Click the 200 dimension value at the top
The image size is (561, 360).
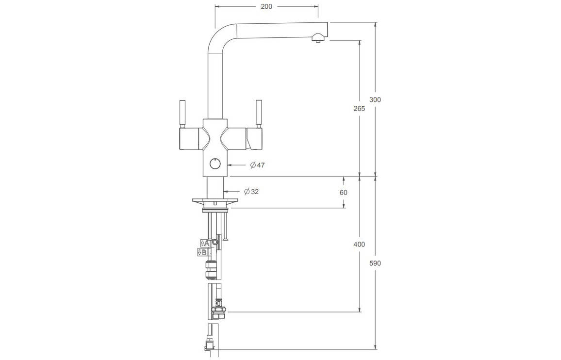(266, 6)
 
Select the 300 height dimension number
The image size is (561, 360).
(375, 100)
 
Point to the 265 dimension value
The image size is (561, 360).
(359, 108)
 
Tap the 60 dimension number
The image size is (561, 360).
(344, 193)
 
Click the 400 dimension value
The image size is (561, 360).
(359, 245)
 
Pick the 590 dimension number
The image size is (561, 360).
(375, 263)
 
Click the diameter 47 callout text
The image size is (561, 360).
(258, 165)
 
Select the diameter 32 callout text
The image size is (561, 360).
(251, 192)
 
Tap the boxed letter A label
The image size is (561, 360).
(205, 243)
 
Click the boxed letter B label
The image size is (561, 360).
(202, 252)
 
